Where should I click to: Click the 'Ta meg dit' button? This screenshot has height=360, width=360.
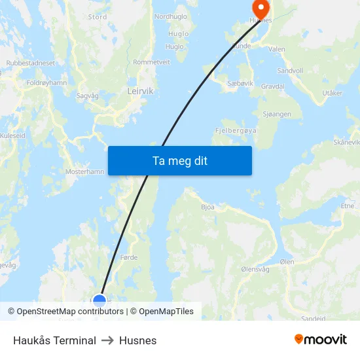[x=179, y=160]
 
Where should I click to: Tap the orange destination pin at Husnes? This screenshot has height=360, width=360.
[x=261, y=9]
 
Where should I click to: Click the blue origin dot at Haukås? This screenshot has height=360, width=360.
[x=99, y=300]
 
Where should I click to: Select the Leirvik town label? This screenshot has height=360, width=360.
[x=140, y=92]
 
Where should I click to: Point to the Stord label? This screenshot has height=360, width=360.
[x=98, y=17]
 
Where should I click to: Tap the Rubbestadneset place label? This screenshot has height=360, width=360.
[x=31, y=63]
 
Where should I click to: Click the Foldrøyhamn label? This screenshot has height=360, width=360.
[x=46, y=83]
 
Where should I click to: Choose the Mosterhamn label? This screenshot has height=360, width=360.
[x=84, y=171]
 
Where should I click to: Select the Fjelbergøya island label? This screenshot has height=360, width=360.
[x=236, y=130]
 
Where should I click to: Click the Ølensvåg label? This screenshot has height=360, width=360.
[x=255, y=269]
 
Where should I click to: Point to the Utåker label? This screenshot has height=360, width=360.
[x=332, y=94]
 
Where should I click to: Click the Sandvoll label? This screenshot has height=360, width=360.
[x=290, y=70]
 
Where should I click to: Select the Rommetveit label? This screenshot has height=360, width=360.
[x=151, y=62]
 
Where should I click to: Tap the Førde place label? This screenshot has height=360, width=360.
[x=129, y=257]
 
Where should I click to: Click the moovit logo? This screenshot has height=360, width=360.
[x=320, y=340]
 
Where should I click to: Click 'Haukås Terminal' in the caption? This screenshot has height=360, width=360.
[x=54, y=340]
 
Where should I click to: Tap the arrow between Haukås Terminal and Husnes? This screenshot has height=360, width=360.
[x=107, y=340]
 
